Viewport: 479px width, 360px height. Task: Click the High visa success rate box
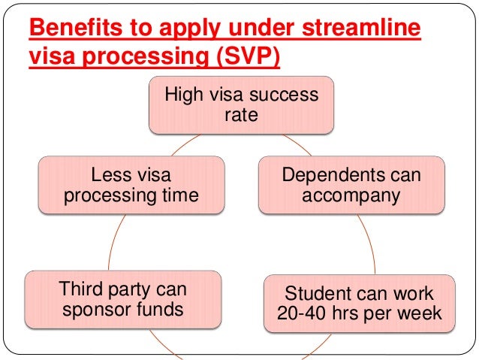[x=241, y=106]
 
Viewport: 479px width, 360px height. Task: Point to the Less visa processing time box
[x=131, y=185]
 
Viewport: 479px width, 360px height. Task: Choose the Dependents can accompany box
[x=352, y=185]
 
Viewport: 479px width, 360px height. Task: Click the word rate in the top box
[x=241, y=116]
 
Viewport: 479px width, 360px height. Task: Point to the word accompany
[x=352, y=195]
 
